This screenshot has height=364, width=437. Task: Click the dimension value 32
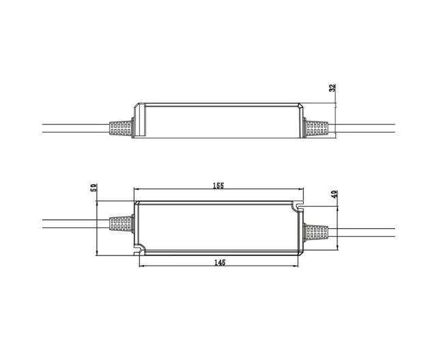(333, 89)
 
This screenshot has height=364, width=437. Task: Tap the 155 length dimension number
(218, 185)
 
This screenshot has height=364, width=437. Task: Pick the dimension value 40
(334, 195)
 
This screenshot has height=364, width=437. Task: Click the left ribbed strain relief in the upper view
(121, 128)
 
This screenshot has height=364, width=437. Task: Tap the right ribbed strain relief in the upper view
(316, 128)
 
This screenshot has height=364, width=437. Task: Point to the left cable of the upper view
(75, 128)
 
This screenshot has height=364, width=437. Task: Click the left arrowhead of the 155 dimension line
(136, 191)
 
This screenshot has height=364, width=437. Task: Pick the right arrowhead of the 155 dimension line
(301, 191)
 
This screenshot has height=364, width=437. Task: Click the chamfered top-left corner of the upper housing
(137, 106)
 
